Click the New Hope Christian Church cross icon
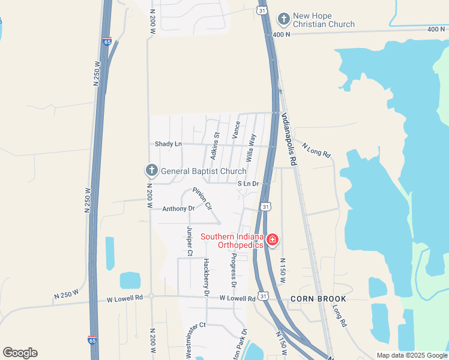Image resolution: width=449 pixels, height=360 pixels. (x=284, y=19)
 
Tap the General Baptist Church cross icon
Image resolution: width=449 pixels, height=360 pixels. (x=152, y=171)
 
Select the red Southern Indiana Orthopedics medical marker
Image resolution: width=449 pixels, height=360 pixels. (x=273, y=241)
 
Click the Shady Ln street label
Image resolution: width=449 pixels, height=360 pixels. (x=168, y=144)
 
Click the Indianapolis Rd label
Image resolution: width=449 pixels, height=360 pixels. (x=289, y=139)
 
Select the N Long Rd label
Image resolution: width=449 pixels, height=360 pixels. (x=317, y=150)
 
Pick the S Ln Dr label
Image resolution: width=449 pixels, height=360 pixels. (x=247, y=184)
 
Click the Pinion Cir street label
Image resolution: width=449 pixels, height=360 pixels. (x=202, y=199)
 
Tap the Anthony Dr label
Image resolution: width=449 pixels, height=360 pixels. (x=179, y=209)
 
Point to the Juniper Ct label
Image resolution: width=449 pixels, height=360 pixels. (x=189, y=241)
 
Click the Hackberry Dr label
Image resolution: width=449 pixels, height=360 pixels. (x=206, y=277)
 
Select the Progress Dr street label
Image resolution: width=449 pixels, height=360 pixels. (x=234, y=270)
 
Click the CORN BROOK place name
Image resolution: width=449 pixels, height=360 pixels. (x=318, y=299)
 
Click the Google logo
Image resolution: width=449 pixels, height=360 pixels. (x=20, y=353)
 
